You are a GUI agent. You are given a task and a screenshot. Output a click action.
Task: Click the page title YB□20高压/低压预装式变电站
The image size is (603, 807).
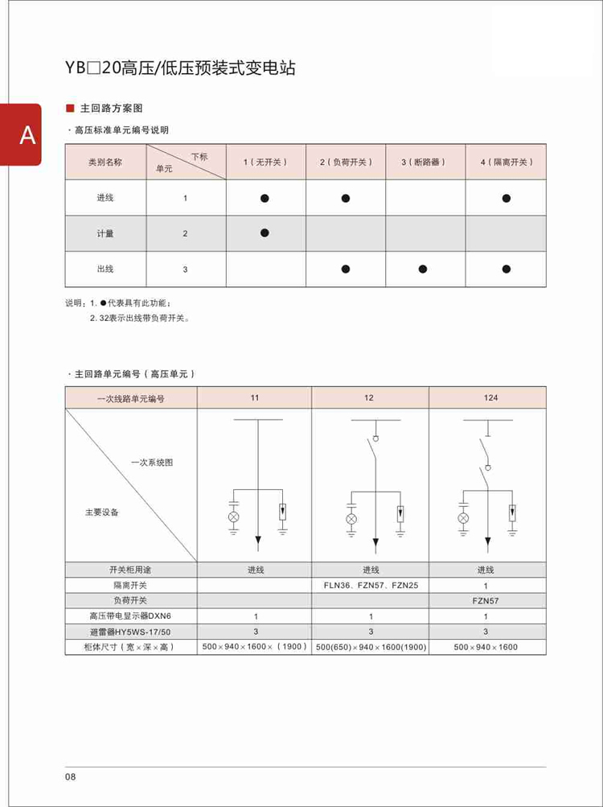[x=181, y=68]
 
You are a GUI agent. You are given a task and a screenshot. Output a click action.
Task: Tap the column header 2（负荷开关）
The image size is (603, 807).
[x=346, y=162]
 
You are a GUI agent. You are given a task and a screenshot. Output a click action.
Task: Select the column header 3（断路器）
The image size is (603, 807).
[x=423, y=162]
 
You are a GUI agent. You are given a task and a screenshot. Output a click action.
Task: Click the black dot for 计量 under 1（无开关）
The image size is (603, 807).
[x=265, y=233]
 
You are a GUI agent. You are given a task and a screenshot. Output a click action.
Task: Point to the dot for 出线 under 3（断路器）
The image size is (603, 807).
[x=423, y=269]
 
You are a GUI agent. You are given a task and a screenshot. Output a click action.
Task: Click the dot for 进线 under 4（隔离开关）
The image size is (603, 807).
[x=507, y=197]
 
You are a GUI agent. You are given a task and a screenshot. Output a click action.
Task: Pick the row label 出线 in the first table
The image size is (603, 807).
[x=105, y=269]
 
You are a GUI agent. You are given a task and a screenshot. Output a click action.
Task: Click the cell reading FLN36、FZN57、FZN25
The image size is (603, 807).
[x=371, y=586]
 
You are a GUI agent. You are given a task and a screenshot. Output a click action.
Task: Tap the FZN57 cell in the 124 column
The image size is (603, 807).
[x=486, y=601]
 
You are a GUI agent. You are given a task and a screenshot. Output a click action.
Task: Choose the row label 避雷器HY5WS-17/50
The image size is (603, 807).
[x=131, y=632]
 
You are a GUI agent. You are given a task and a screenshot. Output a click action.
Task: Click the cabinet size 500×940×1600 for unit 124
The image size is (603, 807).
[x=486, y=647]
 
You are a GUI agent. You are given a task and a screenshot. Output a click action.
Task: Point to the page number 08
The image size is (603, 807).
[x=71, y=776]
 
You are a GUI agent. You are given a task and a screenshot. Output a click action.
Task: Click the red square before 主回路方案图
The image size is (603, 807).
[x=70, y=108]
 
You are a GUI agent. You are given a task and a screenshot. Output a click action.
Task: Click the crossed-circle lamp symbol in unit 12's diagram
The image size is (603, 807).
[x=351, y=520]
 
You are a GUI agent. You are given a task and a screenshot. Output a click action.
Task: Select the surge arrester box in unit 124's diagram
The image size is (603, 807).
[x=512, y=512]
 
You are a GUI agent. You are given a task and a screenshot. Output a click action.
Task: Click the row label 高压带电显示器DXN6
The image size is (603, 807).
[x=131, y=616]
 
